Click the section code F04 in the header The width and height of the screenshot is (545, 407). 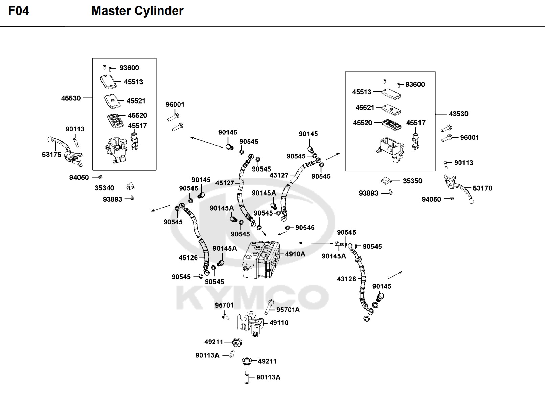[x=19, y=11]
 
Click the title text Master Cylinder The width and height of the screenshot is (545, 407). [x=137, y=11]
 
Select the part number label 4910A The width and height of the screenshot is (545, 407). [x=295, y=254]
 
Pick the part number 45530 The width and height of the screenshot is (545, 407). [x=71, y=98]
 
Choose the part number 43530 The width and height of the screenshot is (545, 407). [x=458, y=114]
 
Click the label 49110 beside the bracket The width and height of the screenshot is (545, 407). [x=279, y=323]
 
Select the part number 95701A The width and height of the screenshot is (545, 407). [x=288, y=310]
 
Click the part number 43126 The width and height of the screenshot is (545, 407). [x=346, y=279]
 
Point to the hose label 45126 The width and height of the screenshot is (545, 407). [x=188, y=258]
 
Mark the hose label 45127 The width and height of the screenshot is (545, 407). [x=225, y=183]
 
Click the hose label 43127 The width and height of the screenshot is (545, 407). [x=279, y=175]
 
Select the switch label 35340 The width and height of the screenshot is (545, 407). [x=104, y=188]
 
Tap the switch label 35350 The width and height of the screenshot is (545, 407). [x=412, y=181]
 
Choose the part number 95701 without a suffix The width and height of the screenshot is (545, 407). [x=224, y=305]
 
